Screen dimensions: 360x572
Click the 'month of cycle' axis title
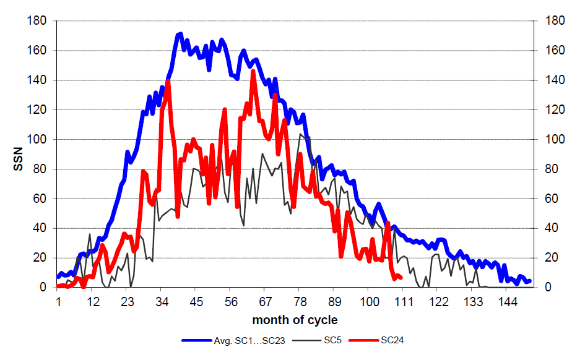[295, 320]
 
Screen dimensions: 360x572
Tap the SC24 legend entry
[392, 340]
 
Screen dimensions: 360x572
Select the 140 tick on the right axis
[550, 80]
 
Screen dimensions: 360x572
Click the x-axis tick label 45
[195, 303]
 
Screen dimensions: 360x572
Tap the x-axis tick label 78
[299, 303]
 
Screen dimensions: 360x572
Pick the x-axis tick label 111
[403, 303]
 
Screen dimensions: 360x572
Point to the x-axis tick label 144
[507, 303]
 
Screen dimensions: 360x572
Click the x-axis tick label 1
[58, 303]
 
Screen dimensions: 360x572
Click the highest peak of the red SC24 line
[253, 72]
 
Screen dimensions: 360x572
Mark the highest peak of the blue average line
[180, 33]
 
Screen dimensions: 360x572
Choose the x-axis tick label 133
[472, 303]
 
